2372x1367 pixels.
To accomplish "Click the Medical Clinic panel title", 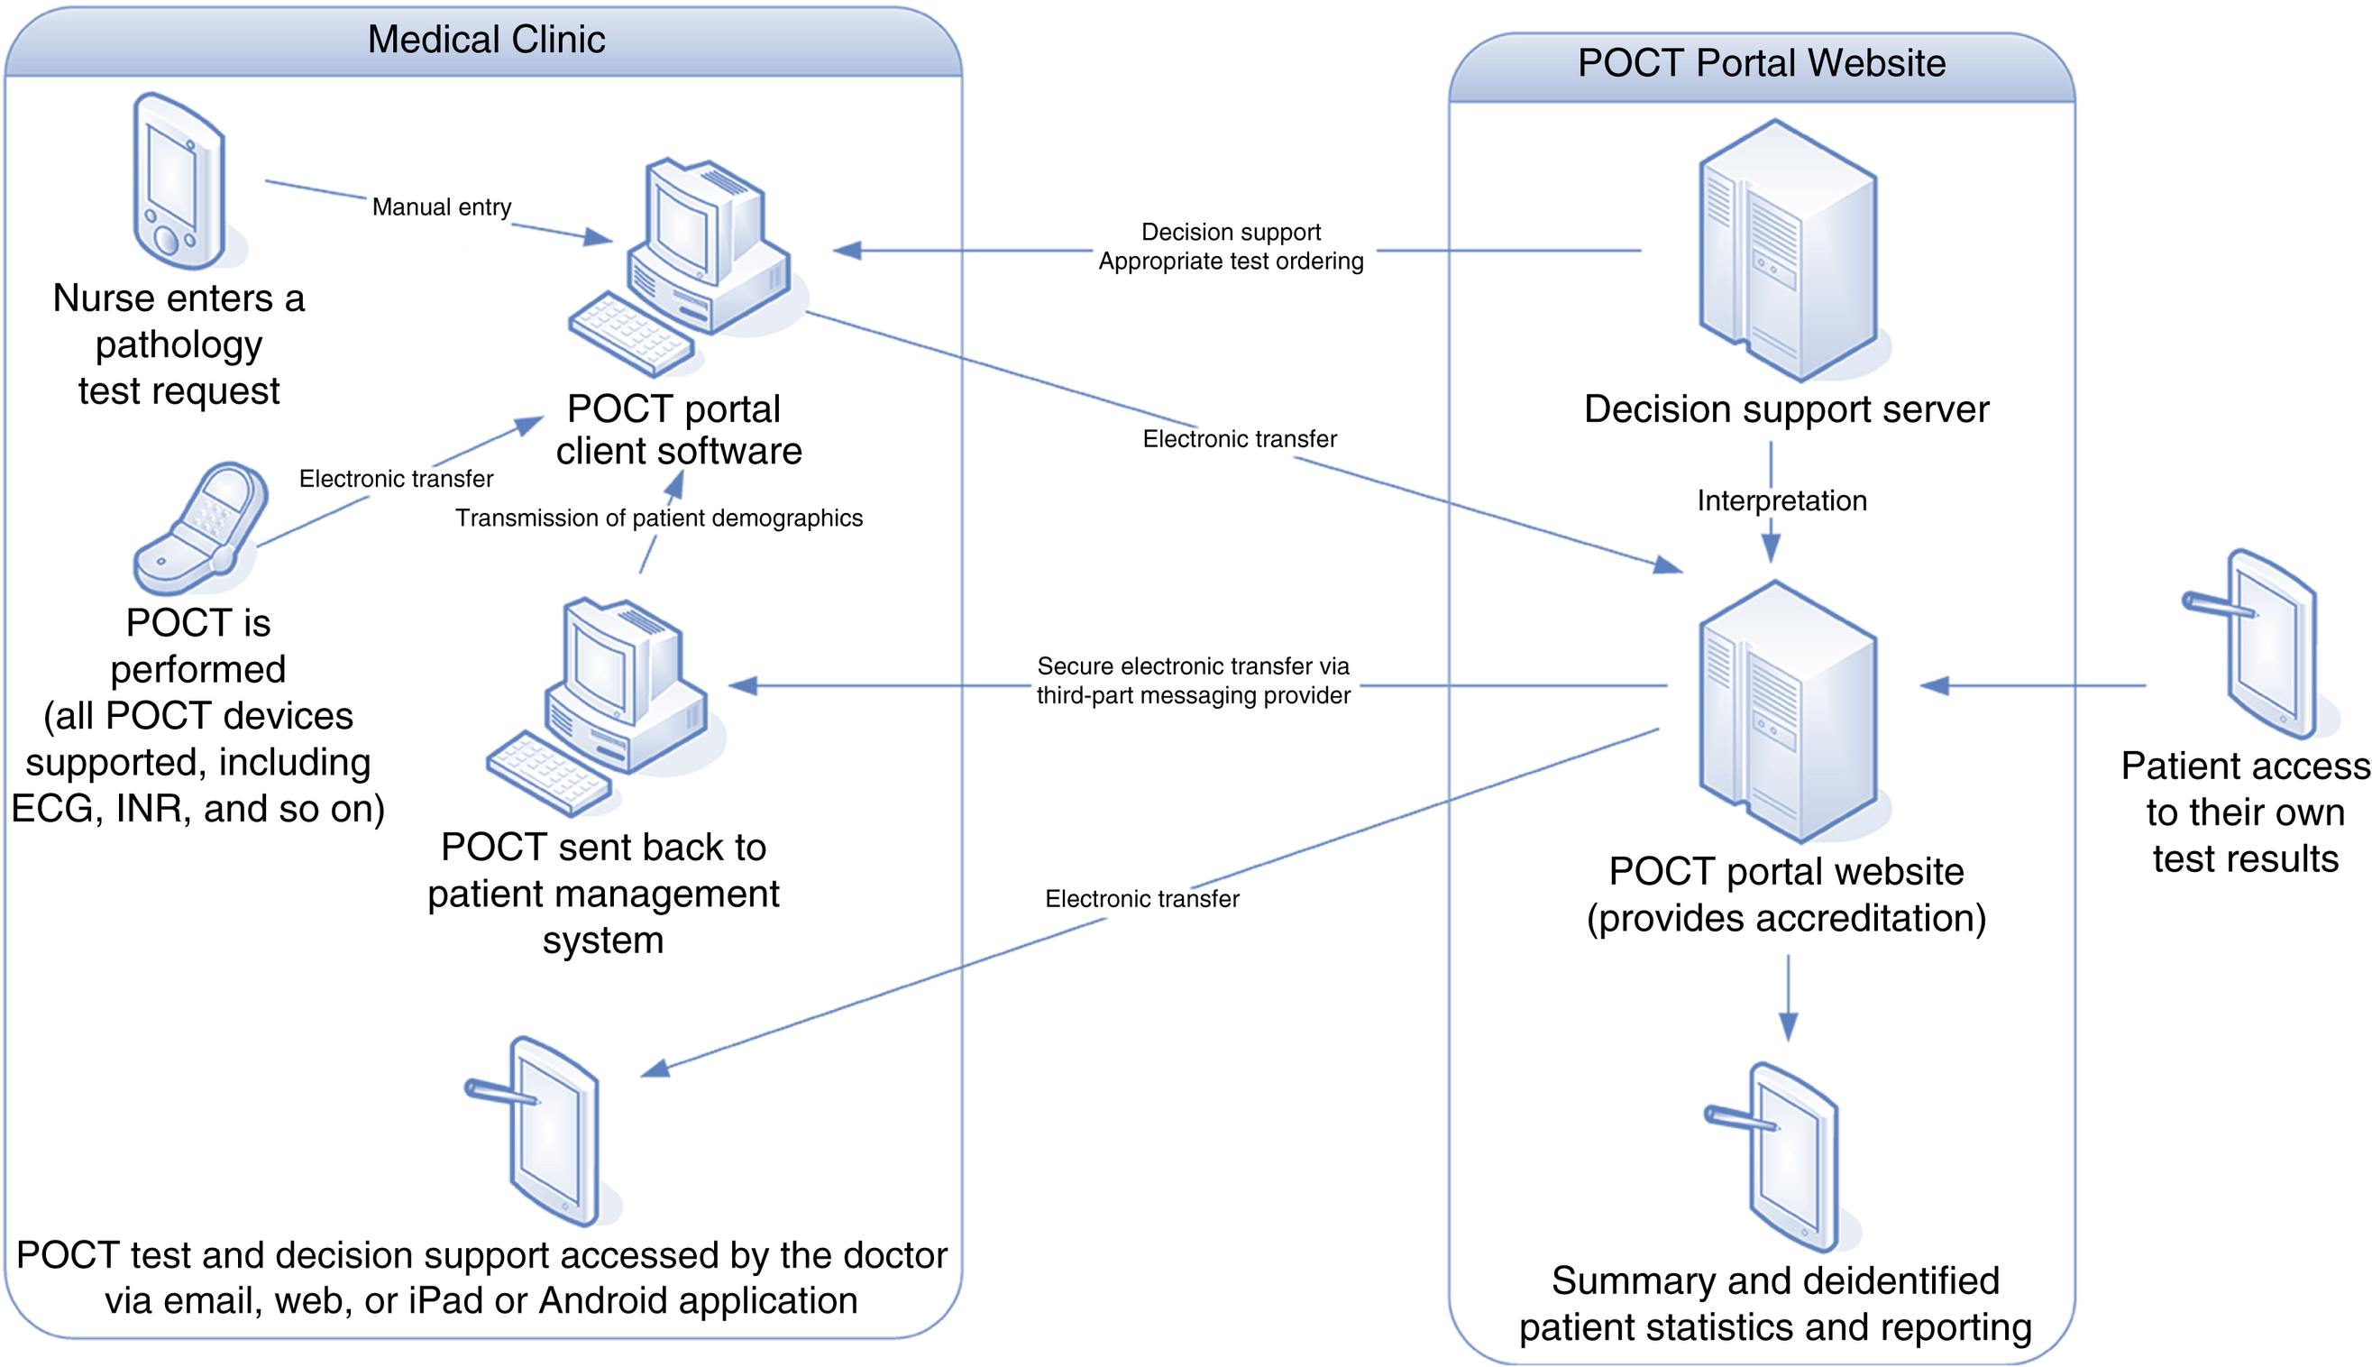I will (x=485, y=41).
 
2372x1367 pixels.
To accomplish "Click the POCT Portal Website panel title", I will (x=1760, y=64).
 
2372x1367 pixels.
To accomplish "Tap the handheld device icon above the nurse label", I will (x=179, y=181).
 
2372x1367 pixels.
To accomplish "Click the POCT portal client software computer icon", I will (x=694, y=253).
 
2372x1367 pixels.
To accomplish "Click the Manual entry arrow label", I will (x=441, y=207).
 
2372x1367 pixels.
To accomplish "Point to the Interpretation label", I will (x=1781, y=501).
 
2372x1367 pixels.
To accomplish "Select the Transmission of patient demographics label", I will (x=658, y=518).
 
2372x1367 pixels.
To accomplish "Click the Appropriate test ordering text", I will (x=1230, y=261).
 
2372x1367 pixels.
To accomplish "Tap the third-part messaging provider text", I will (x=1192, y=696).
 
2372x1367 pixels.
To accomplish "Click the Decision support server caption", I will (x=1785, y=410).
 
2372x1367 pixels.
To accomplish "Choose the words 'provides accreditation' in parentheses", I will (x=1785, y=918).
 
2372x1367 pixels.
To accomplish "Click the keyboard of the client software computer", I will (x=631, y=334).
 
